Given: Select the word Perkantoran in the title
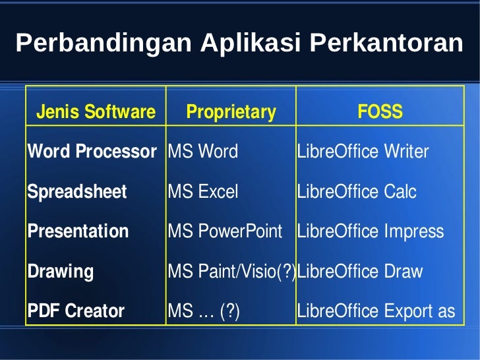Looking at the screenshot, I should [386, 44].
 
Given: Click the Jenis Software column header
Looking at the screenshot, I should [96, 112].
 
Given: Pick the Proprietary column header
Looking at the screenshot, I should [231, 112].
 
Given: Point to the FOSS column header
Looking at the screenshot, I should [380, 112].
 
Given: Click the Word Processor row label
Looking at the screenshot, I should [92, 152].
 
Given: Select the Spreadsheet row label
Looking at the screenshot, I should [76, 192].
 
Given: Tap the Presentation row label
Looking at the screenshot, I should [78, 231].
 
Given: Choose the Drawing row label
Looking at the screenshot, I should [61, 271].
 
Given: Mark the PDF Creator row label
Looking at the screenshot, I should [76, 311].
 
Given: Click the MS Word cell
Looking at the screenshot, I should [203, 152].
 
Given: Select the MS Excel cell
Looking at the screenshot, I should [203, 192].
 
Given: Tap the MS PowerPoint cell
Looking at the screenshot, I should [225, 231].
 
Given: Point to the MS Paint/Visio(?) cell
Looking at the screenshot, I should [231, 271].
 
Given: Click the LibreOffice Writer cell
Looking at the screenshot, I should [363, 152].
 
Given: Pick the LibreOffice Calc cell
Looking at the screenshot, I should [357, 192].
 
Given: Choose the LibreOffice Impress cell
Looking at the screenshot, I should [371, 231].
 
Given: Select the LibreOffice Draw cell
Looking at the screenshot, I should [360, 271].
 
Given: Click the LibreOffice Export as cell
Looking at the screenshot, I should [376, 311].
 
